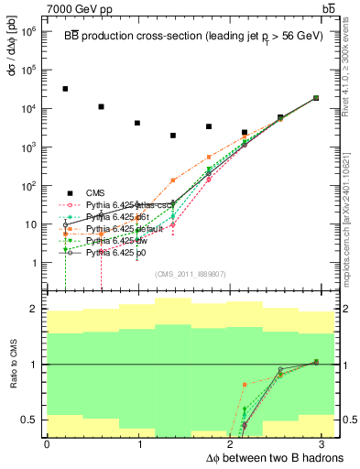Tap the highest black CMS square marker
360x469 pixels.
point(65,89)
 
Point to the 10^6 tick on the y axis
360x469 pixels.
point(30,30)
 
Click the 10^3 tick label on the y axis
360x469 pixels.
point(30,147)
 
